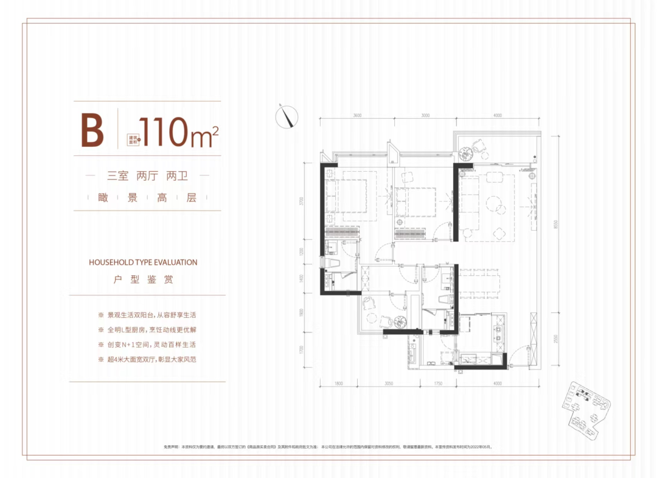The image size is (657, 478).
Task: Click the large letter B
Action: coord(92,130)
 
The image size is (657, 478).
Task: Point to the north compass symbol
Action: coord(286,116)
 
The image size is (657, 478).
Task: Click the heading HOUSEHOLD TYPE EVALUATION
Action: coord(143,262)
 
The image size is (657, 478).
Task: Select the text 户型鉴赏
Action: coord(143,280)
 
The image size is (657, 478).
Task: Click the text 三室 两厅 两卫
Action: coord(148,176)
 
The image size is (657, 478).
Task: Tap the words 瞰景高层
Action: coord(147,199)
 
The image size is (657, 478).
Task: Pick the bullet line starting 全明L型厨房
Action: coord(148,330)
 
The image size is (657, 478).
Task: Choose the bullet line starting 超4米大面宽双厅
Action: coord(148,359)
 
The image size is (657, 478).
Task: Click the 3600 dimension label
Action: coord(357,115)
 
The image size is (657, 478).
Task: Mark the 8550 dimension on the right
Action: coord(555,223)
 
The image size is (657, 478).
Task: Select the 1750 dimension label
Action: coord(437,384)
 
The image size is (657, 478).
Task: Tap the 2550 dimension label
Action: coord(555,339)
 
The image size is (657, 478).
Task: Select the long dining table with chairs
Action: coord(484,285)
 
